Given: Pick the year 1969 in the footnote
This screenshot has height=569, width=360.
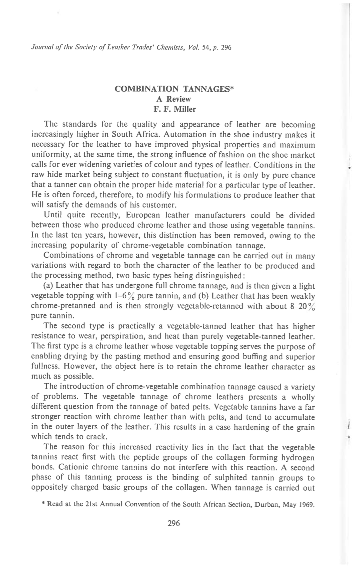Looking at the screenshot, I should (x=308, y=504).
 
